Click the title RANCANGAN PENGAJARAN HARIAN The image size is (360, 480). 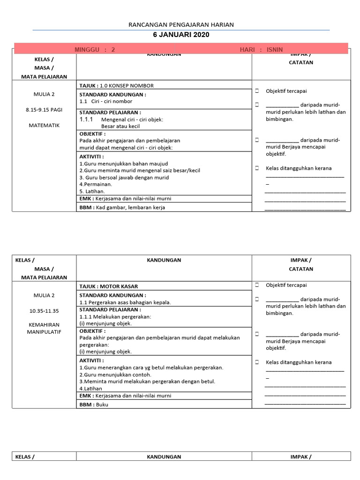pyautogui.click(x=181, y=25)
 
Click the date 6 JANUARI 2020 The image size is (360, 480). pyautogui.click(x=181, y=35)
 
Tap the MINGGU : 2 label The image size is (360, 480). pyautogui.click(x=95, y=50)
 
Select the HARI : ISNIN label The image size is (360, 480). pyautogui.click(x=261, y=50)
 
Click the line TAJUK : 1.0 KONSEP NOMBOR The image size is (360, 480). pyautogui.click(x=116, y=86)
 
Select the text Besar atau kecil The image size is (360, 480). pyautogui.click(x=120, y=126)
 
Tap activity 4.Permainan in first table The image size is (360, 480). pyautogui.click(x=96, y=184)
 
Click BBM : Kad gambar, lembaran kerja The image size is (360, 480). pyautogui.click(x=122, y=207)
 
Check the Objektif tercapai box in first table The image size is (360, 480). pyautogui.click(x=257, y=91)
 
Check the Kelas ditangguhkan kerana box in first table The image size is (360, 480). pyautogui.click(x=257, y=168)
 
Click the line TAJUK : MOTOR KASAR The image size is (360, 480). pyautogui.click(x=109, y=286)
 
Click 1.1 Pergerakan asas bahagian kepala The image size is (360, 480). pyautogui.click(x=125, y=302)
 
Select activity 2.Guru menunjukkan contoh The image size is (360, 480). pyautogui.click(x=115, y=375)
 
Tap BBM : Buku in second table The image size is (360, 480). pyautogui.click(x=94, y=405)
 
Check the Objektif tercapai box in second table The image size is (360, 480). pyautogui.click(x=257, y=285)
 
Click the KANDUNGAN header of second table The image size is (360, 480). pyautogui.click(x=164, y=260)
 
